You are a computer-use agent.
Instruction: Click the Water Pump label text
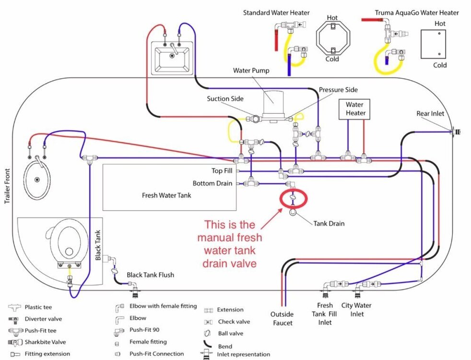pyautogui.click(x=251, y=71)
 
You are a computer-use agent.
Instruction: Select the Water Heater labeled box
pyautogui.click(x=355, y=108)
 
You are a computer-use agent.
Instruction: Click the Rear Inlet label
pyautogui.click(x=430, y=114)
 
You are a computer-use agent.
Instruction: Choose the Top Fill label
pyautogui.click(x=222, y=170)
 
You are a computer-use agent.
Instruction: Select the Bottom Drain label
pyautogui.click(x=212, y=183)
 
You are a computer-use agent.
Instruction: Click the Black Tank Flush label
pyautogui.click(x=150, y=275)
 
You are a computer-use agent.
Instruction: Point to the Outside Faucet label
pyautogui.click(x=283, y=319)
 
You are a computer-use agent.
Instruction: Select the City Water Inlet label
pyautogui.click(x=356, y=310)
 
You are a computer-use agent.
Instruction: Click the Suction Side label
pyautogui.click(x=225, y=99)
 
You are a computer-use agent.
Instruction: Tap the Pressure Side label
pyautogui.click(x=338, y=90)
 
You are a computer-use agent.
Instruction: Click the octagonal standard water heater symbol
pyautogui.click(x=333, y=38)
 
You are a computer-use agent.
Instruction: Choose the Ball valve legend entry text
pyautogui.click(x=230, y=334)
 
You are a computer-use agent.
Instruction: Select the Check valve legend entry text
pyautogui.click(x=234, y=322)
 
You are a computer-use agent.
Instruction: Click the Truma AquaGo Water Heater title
pyautogui.click(x=416, y=12)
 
